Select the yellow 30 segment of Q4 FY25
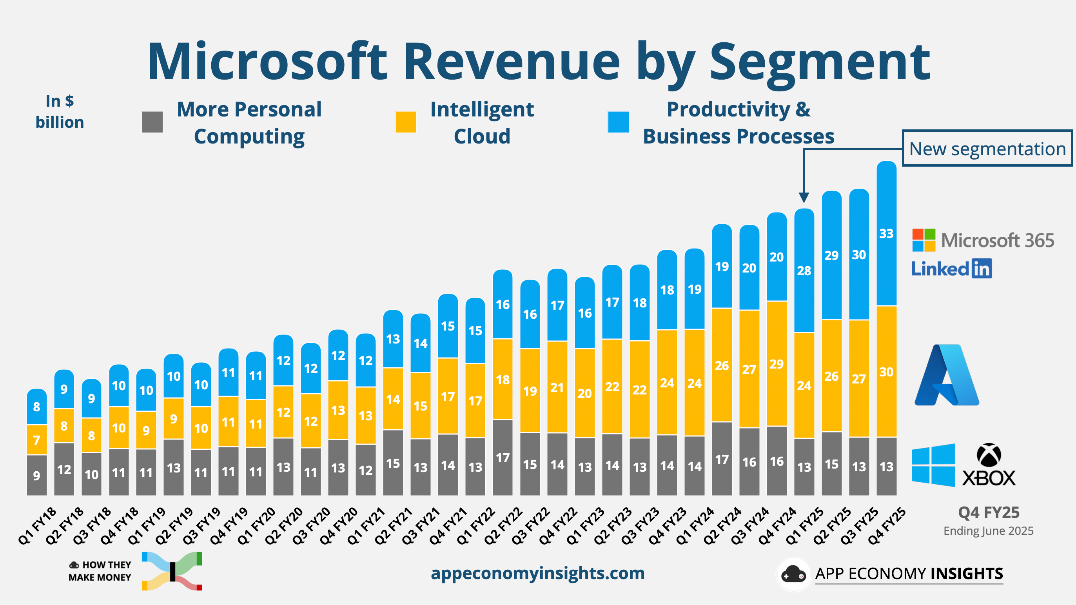click(x=886, y=371)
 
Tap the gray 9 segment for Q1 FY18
click(x=37, y=475)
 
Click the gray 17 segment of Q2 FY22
click(x=503, y=458)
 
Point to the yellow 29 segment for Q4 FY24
click(x=777, y=363)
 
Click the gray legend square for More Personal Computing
click(x=152, y=122)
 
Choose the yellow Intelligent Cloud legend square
click(x=406, y=122)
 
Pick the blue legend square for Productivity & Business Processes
click(x=618, y=122)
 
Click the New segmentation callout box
click(x=987, y=148)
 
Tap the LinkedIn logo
click(x=951, y=269)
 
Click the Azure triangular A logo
click(x=947, y=375)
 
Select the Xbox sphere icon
click(x=989, y=454)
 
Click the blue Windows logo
click(x=933, y=465)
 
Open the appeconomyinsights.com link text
click(x=537, y=573)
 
